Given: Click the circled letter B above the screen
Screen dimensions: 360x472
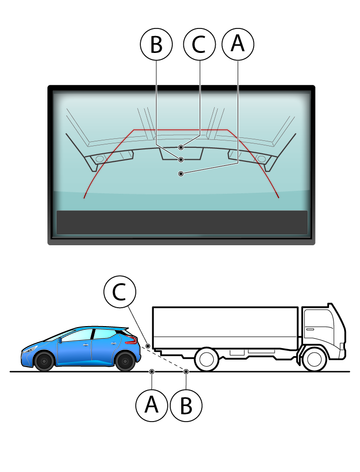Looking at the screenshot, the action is coord(156,44).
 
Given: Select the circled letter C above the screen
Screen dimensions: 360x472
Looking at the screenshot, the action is coord(199,44).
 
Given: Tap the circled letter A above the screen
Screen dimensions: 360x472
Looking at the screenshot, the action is coord(238,44).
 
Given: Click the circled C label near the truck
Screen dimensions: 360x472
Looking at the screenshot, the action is coord(120,292).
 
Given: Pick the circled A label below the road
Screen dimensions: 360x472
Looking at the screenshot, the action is coord(152,405).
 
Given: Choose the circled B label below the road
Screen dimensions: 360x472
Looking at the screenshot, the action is coord(186,405).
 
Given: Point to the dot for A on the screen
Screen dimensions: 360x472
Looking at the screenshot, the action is coord(181,174).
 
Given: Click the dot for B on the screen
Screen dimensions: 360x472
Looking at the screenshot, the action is coord(181,160).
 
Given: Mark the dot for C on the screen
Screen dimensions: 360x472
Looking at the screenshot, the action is coord(181,147).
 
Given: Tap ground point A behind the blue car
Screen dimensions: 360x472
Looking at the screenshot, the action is coord(152,371).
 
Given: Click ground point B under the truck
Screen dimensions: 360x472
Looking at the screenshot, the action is coord(186,371).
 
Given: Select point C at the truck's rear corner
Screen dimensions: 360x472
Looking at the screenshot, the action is coord(148,346).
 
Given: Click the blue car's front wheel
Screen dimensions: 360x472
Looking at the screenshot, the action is coord(44,361).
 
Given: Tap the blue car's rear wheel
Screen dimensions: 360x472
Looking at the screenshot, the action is coord(125,361).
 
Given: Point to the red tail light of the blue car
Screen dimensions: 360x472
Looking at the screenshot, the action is coord(131,340).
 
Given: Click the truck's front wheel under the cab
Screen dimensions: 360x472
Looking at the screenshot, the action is coord(314,359).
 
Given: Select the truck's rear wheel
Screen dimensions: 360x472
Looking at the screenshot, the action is coord(207,359).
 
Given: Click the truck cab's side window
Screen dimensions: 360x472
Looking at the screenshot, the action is coord(319,324).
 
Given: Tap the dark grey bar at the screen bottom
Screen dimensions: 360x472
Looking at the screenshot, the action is coord(182,222).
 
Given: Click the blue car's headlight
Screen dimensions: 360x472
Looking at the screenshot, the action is coord(29,350).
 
